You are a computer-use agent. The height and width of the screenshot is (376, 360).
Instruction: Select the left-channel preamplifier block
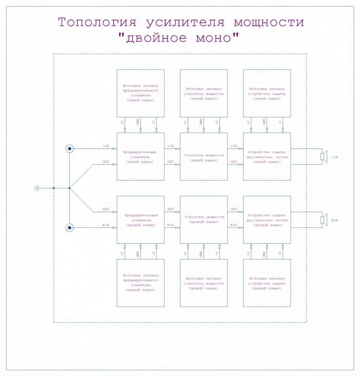(140, 156)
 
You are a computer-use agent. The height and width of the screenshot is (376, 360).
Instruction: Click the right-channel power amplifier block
(204, 220)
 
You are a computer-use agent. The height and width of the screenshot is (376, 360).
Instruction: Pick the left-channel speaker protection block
(267, 156)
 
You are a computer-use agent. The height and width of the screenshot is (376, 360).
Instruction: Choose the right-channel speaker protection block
(267, 220)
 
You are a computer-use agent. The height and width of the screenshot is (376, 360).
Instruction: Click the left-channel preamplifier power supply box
(140, 93)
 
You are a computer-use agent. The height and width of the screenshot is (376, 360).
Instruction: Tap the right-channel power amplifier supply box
(204, 283)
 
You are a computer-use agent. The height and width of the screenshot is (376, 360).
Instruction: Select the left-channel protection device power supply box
(267, 93)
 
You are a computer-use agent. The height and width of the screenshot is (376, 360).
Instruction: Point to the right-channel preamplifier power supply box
(140, 283)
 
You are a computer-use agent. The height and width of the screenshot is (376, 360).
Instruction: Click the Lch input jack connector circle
(70, 149)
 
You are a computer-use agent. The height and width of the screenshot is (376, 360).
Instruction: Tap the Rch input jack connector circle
(70, 227)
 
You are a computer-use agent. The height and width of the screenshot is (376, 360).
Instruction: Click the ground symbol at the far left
(36, 188)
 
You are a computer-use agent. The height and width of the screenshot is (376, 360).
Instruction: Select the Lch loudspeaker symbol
(324, 156)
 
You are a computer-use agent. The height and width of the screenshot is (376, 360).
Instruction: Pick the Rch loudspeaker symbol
(324, 220)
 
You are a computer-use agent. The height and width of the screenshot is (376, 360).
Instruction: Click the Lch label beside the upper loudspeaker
(335, 157)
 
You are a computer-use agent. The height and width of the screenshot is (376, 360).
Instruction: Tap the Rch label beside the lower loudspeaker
(335, 220)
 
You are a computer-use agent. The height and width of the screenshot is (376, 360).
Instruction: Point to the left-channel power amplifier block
(204, 156)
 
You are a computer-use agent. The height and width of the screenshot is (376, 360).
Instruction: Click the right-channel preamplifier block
(140, 220)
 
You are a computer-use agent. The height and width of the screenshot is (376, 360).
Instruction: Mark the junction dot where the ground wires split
(70, 188)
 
